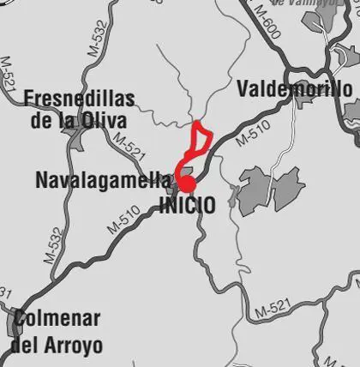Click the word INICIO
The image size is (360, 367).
coord(187,206)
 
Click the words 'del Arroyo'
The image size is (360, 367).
coord(56,346)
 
